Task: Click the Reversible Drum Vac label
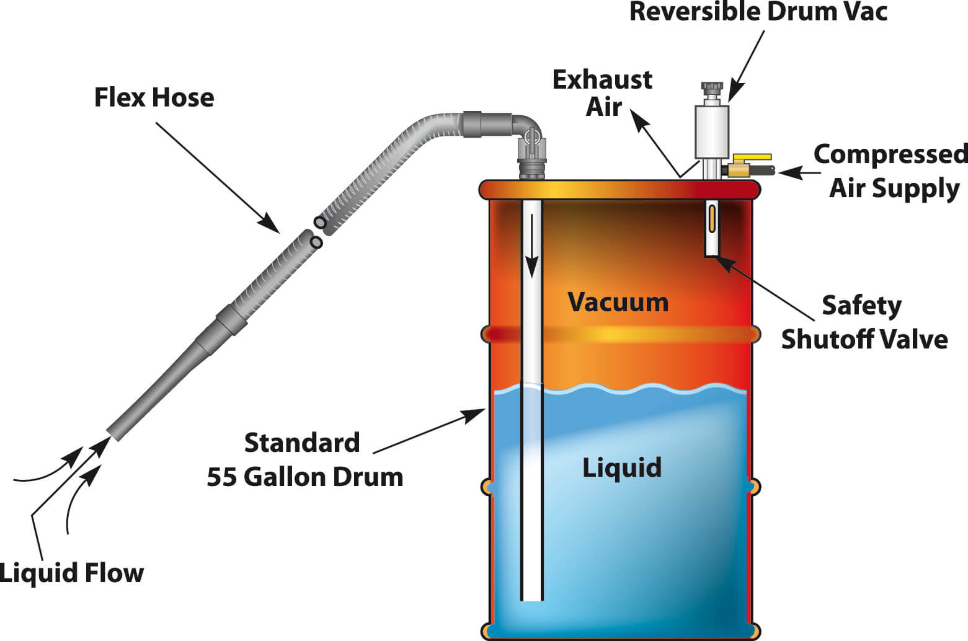[x=758, y=12]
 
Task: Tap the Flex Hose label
[x=154, y=97]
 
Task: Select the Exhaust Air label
[x=603, y=93]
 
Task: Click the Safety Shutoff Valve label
[x=864, y=322]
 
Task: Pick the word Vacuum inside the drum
[x=618, y=302]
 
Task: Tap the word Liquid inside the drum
[x=623, y=468]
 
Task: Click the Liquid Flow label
[x=71, y=573]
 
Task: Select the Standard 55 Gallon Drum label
[x=304, y=460]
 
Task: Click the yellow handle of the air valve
[x=752, y=157]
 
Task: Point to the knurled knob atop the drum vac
[x=712, y=86]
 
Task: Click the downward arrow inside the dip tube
[x=531, y=246]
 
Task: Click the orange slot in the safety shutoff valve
[x=712, y=219]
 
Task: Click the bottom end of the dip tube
[x=531, y=600]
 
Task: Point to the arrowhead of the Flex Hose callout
[x=270, y=224]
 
